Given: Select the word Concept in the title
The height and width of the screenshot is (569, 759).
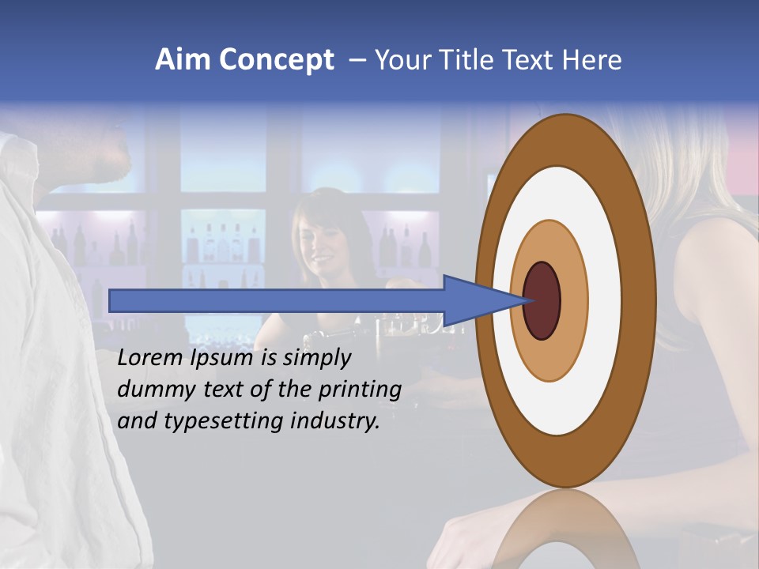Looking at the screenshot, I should coord(276,60).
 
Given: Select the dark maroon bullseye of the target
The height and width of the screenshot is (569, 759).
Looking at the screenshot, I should coord(542,300).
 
